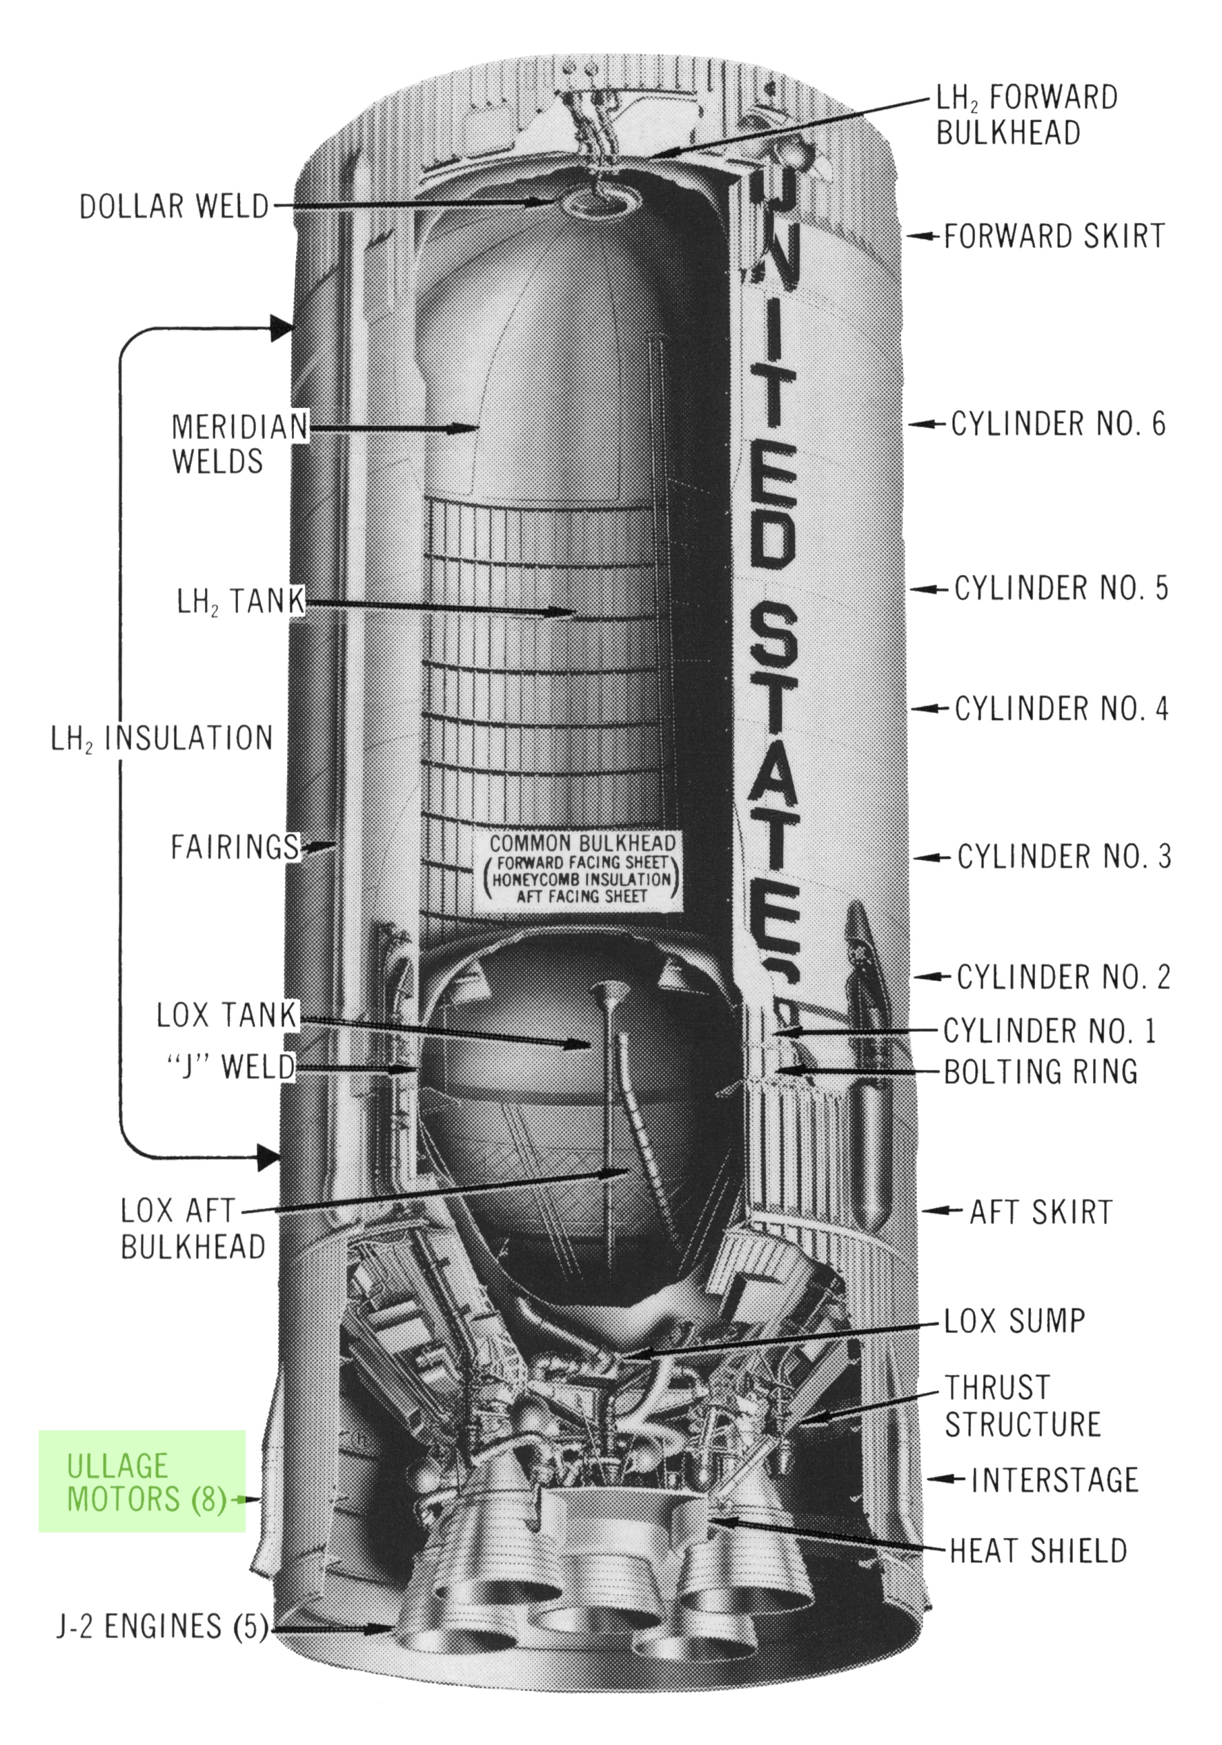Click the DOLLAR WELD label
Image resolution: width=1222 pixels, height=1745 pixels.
click(x=174, y=206)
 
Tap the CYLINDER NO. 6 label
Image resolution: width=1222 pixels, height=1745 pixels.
click(x=1058, y=424)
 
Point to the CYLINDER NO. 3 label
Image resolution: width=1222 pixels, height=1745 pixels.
click(x=1063, y=857)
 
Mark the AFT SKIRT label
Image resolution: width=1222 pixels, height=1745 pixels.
click(x=1041, y=1212)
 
